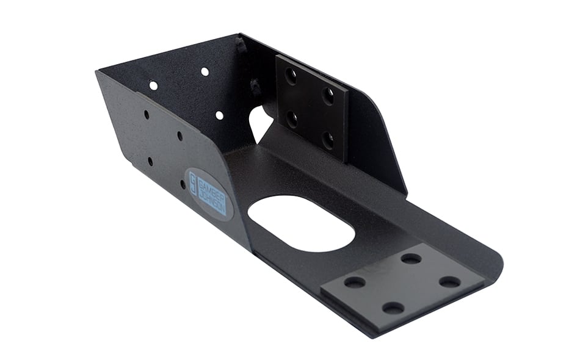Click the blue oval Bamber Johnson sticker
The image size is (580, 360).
(x=211, y=194)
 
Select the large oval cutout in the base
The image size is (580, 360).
(x=301, y=223)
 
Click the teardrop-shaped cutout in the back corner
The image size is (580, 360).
(x=260, y=124)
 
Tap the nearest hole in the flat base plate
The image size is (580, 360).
(x=393, y=307)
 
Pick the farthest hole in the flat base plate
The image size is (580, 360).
(x=411, y=258)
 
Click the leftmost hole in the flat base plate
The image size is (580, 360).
(x=354, y=282)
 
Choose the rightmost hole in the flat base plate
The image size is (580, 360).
(x=450, y=282)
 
